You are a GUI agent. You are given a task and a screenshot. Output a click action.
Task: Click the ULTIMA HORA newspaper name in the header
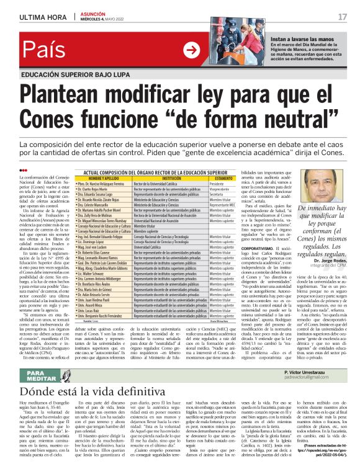tap(41, 17)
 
